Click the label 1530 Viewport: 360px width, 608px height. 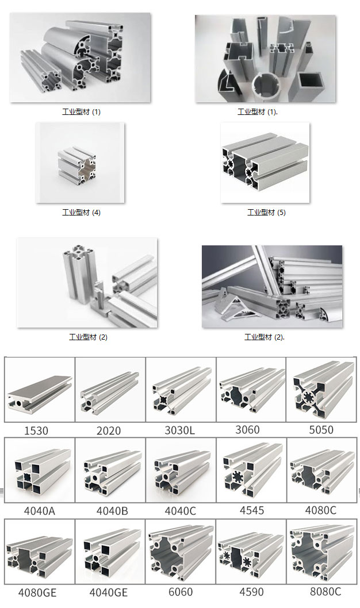[x=36, y=431]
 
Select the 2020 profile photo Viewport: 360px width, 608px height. [x=110, y=390]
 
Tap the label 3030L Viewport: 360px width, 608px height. [x=180, y=430]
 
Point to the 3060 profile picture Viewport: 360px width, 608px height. [x=251, y=390]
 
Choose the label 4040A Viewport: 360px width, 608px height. [x=40, y=511]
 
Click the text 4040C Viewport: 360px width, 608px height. [x=181, y=511]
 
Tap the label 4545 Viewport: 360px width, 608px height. [x=252, y=510]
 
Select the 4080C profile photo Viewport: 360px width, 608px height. [x=323, y=471]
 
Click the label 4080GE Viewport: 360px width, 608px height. [x=37, y=592]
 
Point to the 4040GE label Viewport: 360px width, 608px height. [x=109, y=592]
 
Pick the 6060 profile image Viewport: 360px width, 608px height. [x=181, y=553]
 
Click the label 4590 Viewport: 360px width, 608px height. [x=251, y=592]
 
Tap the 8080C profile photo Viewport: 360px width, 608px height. [x=323, y=553]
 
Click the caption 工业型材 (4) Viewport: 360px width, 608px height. [x=82, y=213]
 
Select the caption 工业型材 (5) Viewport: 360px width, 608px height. [x=266, y=213]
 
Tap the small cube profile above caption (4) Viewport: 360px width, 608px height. [x=77, y=165]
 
